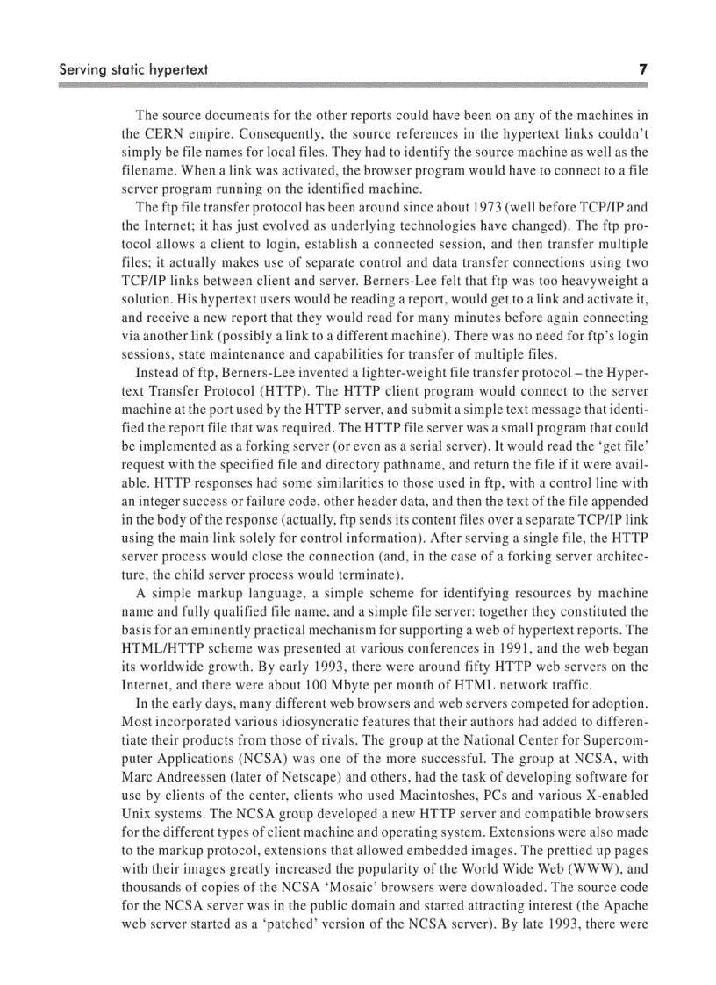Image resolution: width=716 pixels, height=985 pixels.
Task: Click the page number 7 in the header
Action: click(x=642, y=68)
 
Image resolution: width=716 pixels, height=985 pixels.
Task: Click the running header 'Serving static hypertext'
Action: click(x=132, y=68)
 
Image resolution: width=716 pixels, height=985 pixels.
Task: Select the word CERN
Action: click(x=162, y=134)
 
